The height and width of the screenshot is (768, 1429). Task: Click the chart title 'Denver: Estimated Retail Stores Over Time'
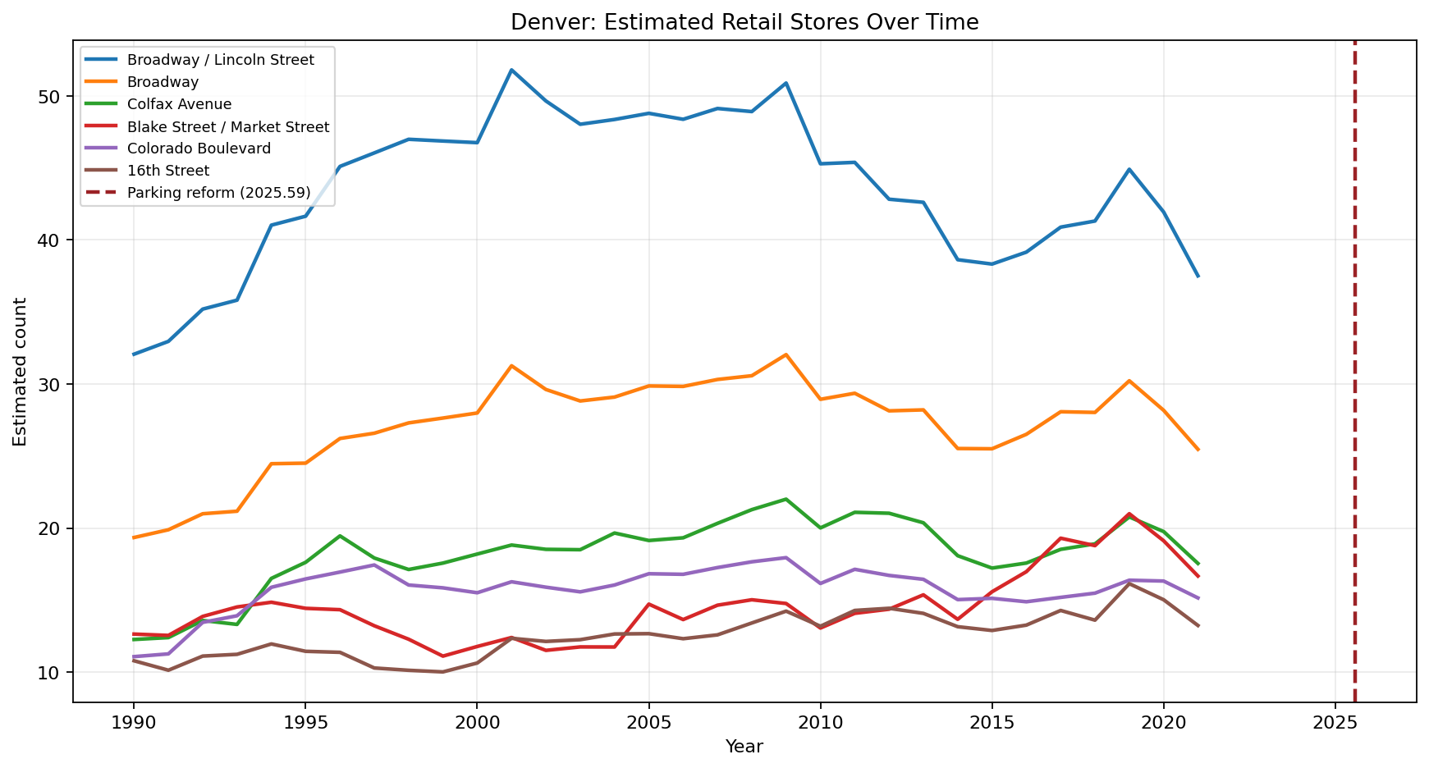point(744,22)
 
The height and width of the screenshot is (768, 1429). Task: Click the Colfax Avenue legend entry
point(179,104)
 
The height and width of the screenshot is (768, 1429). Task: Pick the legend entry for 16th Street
point(167,171)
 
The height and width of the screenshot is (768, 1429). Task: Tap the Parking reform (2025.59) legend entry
point(218,193)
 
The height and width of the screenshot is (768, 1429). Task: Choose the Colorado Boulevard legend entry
point(199,149)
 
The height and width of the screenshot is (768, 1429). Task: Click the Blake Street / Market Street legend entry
point(227,126)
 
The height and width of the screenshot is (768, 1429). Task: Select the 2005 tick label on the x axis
point(648,723)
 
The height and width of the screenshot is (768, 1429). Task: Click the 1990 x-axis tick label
point(133,723)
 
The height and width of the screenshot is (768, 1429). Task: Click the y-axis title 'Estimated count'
point(21,372)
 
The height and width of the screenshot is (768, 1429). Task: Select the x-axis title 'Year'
point(744,747)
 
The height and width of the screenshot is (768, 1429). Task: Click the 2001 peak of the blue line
point(511,70)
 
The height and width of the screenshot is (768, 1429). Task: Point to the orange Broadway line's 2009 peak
point(786,354)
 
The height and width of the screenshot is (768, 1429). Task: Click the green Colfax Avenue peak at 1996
point(340,536)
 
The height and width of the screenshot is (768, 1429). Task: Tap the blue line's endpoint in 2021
point(1198,277)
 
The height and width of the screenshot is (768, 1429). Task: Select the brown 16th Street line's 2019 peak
point(1129,583)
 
